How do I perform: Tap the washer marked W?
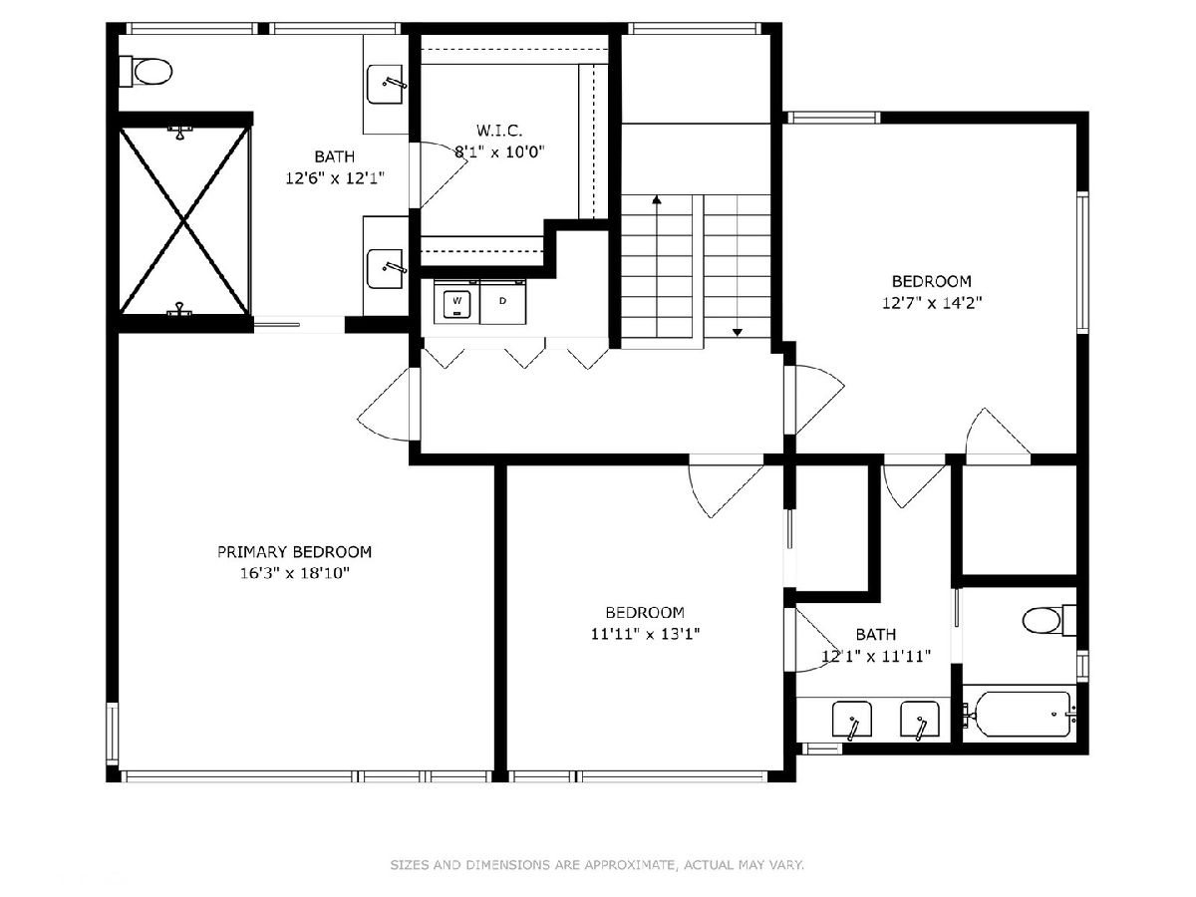tap(456, 302)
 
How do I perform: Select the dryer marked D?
tap(503, 302)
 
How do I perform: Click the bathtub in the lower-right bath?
tap(1020, 714)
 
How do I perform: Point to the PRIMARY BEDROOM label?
tap(294, 552)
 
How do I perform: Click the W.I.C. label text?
tap(499, 131)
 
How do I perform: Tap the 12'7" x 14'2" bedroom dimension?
tap(932, 303)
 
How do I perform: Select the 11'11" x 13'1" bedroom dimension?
tap(645, 634)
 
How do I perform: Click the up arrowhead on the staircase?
tap(657, 200)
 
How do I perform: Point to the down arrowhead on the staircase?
tap(738, 332)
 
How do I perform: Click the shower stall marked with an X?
tap(184, 220)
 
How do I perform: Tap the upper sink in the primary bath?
tap(387, 85)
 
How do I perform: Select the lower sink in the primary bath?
tap(387, 268)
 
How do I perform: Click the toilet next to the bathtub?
tap(1048, 620)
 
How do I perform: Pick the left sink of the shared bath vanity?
tap(851, 721)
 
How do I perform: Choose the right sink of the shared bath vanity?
tap(920, 721)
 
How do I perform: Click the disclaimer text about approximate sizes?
tap(597, 864)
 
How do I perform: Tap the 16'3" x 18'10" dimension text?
tap(294, 573)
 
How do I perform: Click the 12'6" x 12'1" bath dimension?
tap(335, 178)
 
